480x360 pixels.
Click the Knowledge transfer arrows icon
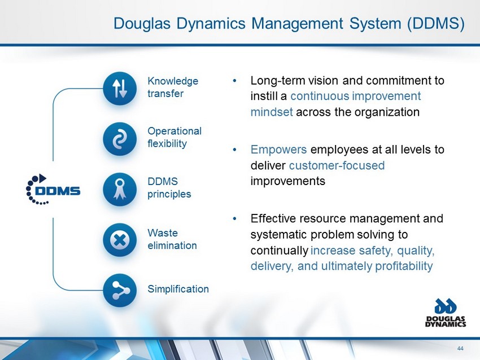(x=120, y=89)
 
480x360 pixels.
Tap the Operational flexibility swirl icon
(x=120, y=139)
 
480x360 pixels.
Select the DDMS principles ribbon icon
(x=120, y=190)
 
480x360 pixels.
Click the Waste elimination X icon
(x=120, y=240)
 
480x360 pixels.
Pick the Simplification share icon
(x=120, y=290)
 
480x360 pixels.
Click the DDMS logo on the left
(x=53, y=190)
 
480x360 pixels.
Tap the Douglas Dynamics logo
(x=446, y=313)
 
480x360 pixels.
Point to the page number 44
(x=460, y=348)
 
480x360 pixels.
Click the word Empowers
(x=278, y=150)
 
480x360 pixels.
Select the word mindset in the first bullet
(x=272, y=112)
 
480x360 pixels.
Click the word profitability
(x=404, y=266)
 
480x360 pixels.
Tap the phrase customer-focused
(x=337, y=165)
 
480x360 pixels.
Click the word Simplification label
(x=178, y=289)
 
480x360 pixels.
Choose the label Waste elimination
(x=172, y=239)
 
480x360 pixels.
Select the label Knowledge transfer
(x=173, y=87)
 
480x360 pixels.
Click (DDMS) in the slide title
(x=436, y=24)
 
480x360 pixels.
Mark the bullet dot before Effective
(x=235, y=219)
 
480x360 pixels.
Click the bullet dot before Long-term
(x=235, y=81)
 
